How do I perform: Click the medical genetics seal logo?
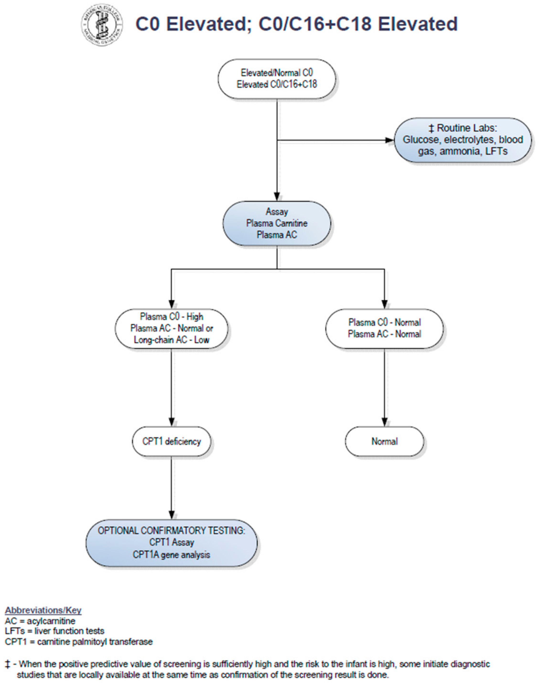coord(102,25)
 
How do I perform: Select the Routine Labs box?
coord(463,140)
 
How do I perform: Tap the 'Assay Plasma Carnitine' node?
coord(277,223)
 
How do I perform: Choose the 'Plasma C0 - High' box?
coord(171,328)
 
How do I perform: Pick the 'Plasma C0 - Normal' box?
coord(384,328)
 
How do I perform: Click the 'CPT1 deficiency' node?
coord(171,441)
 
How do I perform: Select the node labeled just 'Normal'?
coord(384,441)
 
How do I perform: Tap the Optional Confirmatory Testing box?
coord(171,542)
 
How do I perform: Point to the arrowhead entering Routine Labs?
coord(390,140)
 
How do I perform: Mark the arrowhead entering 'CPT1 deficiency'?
coord(171,422)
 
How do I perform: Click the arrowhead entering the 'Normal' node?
coord(384,422)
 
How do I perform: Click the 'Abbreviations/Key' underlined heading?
coord(43,610)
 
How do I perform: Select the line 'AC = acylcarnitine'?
coord(40,621)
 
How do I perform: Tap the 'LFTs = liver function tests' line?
coord(54,631)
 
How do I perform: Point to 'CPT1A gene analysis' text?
coord(171,555)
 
